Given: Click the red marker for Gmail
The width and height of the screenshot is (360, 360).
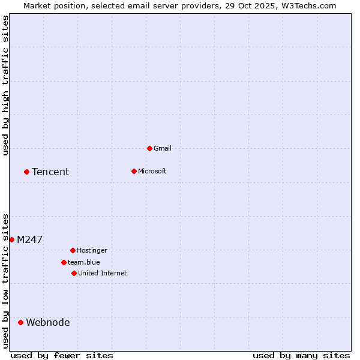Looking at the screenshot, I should pyautogui.click(x=149, y=148).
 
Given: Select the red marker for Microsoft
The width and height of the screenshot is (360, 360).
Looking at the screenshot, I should pyautogui.click(x=134, y=171).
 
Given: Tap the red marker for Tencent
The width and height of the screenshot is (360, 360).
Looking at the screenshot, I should pyautogui.click(x=26, y=172).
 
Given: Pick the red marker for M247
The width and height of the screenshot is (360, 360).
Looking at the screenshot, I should pyautogui.click(x=11, y=239).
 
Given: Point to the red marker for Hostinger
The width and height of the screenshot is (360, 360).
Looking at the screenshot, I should pyautogui.click(x=73, y=250).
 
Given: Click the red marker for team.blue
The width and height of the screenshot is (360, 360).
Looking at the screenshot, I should pyautogui.click(x=64, y=262).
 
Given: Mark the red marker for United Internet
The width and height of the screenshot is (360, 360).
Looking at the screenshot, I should pyautogui.click(x=74, y=273).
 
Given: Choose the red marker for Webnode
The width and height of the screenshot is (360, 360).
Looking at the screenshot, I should pyautogui.click(x=20, y=322).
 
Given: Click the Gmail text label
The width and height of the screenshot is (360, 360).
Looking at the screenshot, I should pyautogui.click(x=163, y=148).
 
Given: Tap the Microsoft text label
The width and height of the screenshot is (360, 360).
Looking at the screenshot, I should pyautogui.click(x=152, y=171).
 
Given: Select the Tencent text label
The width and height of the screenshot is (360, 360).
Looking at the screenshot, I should pyautogui.click(x=50, y=172).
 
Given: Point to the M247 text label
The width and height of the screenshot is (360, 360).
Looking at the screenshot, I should pyautogui.click(x=29, y=239).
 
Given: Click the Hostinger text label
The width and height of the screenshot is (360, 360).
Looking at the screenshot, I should pyautogui.click(x=92, y=250).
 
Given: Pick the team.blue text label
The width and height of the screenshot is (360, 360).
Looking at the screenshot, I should pyautogui.click(x=84, y=262).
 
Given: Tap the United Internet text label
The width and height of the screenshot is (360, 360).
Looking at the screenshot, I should pyautogui.click(x=103, y=273).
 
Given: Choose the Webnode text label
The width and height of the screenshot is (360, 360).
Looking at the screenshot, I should pyautogui.click(x=48, y=322).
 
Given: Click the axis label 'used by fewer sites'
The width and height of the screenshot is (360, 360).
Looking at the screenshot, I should pyautogui.click(x=62, y=355).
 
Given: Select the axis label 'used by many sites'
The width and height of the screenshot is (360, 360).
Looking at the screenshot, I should pyautogui.click(x=301, y=355).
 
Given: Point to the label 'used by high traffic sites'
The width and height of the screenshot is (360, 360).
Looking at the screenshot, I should pyautogui.click(x=5, y=85).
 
